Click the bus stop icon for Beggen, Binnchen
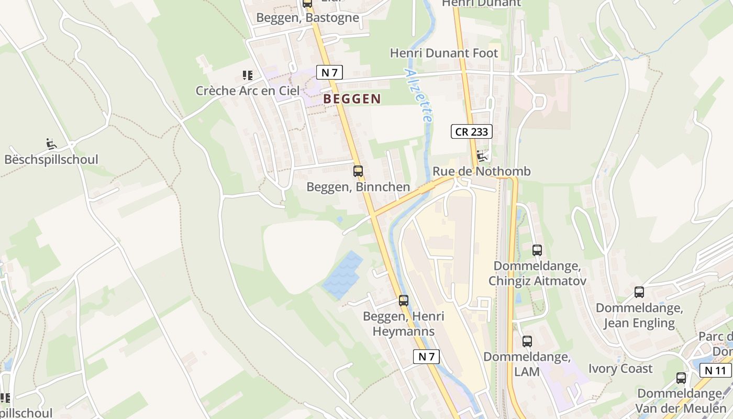tap(358, 171)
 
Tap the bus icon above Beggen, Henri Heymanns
tap(403, 300)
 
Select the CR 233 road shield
tap(471, 132)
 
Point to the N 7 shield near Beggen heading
tap(329, 73)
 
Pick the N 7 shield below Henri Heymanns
tap(426, 357)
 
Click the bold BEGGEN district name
tap(352, 98)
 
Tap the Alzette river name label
tap(419, 96)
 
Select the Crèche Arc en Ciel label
tap(248, 91)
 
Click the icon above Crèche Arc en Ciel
tap(248, 75)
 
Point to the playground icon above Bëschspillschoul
tap(51, 144)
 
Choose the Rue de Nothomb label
tap(481, 171)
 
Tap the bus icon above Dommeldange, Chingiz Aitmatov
tap(537, 250)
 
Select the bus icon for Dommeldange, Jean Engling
tap(639, 292)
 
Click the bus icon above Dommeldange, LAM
tap(527, 341)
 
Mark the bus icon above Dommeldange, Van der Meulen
tap(681, 378)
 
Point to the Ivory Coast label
tap(620, 368)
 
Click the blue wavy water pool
tap(343, 275)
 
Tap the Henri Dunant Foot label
tap(444, 53)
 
